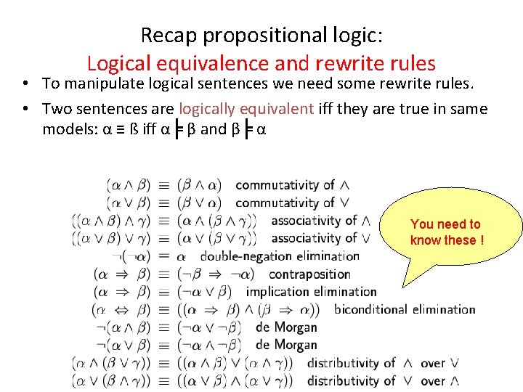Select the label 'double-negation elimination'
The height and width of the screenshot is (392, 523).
(280, 256)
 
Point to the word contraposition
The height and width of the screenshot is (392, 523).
(309, 274)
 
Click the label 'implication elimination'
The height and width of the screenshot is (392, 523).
(311, 292)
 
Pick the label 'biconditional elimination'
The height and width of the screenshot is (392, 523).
(405, 309)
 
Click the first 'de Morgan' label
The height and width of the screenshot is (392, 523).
(286, 327)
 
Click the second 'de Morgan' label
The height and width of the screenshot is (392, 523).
(286, 345)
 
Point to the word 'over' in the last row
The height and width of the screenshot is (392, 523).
(433, 380)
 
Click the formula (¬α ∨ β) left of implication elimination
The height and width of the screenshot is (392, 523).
(204, 292)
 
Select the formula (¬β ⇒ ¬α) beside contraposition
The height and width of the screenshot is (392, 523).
(216, 274)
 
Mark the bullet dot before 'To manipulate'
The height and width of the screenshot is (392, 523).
(25, 84)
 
